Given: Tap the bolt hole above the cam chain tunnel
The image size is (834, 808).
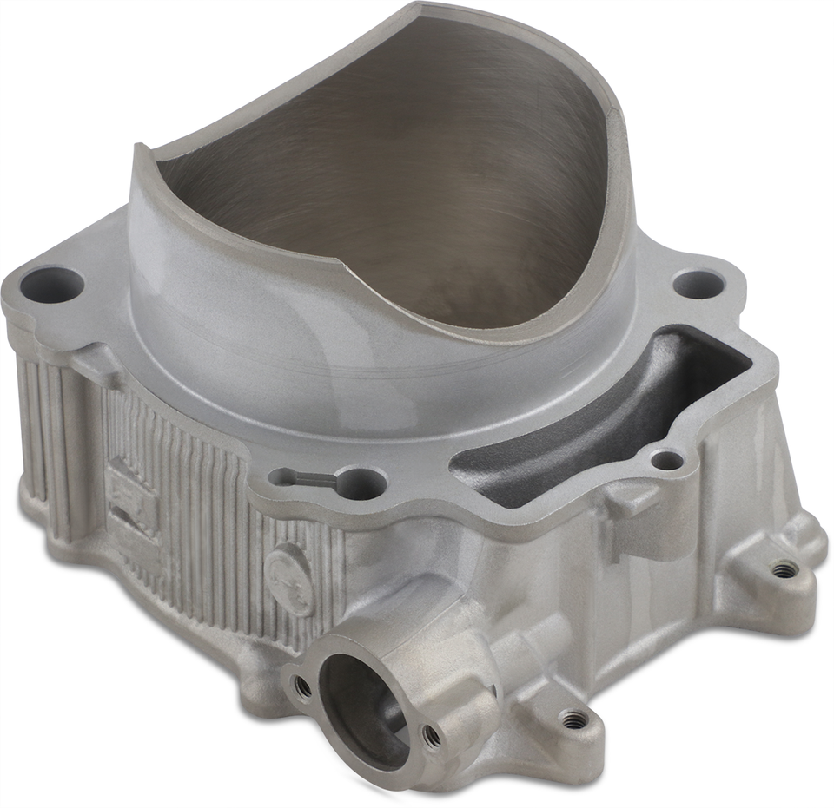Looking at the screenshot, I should click(698, 284).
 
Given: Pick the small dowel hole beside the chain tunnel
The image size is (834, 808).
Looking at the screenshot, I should click(666, 460).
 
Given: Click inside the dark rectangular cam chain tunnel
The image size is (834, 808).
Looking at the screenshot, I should click(608, 408).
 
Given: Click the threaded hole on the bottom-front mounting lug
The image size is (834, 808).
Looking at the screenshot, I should click(573, 719).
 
